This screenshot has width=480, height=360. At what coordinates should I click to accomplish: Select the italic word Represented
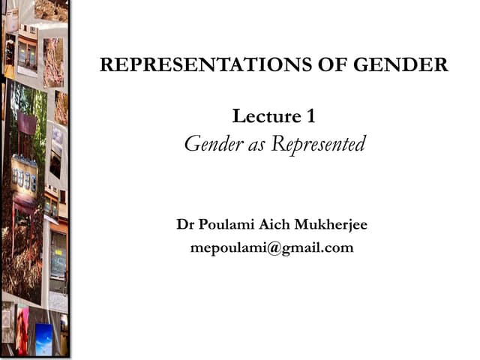pyautogui.click(x=318, y=144)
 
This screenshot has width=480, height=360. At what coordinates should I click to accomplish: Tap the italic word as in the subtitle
pyautogui.click(x=256, y=144)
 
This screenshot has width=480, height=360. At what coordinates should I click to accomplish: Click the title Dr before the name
pyautogui.click(x=184, y=225)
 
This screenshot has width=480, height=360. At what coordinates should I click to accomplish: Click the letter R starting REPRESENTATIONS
pyautogui.click(x=106, y=65)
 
